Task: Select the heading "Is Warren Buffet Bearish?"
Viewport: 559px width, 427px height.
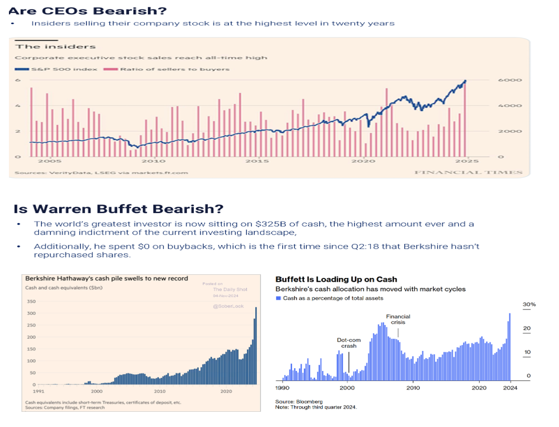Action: (118, 208)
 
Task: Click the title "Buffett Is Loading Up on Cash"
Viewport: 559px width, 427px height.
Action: (336, 280)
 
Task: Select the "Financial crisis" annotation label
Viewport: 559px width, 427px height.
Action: (398, 319)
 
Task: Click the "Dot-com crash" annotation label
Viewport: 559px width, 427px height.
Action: (349, 343)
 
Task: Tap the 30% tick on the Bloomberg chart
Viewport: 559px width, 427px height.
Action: (529, 305)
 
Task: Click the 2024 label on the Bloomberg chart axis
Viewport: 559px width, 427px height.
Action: (510, 388)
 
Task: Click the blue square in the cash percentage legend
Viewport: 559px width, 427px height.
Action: (278, 298)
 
